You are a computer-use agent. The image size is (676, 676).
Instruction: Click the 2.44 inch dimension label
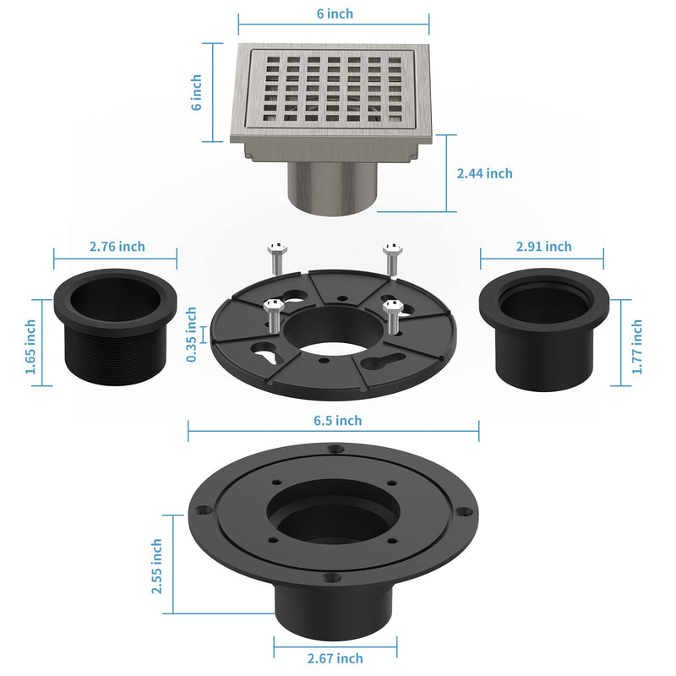pos(484,173)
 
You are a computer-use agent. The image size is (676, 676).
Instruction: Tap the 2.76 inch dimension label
pos(117,247)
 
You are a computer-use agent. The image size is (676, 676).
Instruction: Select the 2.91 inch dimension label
pos(543,247)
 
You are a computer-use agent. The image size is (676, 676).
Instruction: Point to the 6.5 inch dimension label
pos(337,420)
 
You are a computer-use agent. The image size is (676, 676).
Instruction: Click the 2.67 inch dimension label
pos(335,658)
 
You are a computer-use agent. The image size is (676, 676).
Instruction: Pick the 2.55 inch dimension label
pos(156,566)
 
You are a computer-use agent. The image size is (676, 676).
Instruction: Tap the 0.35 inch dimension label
pos(191,334)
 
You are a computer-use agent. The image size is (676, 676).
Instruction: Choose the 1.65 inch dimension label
pos(30,346)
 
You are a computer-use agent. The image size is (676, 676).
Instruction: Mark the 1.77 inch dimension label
pos(637,346)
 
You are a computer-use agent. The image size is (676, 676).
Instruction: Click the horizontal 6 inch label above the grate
pos(335,14)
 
